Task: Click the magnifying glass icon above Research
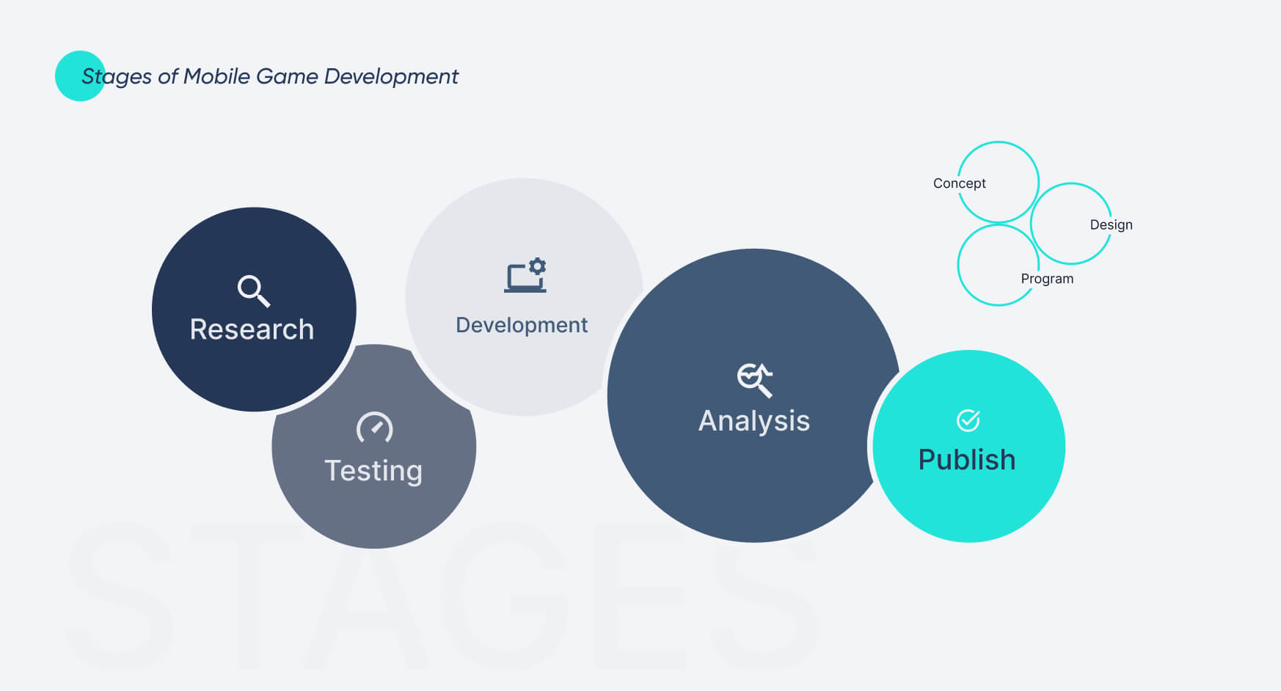coord(254,290)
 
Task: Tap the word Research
coord(252,329)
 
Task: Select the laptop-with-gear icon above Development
coord(525,276)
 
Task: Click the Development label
coord(522,325)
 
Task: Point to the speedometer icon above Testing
coord(374,428)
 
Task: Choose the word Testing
coord(373,470)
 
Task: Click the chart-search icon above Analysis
coord(755,379)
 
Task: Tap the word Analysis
coord(754,421)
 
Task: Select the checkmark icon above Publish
coord(968,420)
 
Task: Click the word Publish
coord(967,460)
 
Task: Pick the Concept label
coord(959,183)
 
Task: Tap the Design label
coord(1111,224)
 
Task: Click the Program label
coord(1047,279)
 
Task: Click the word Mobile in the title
coord(216,76)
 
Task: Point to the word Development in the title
coord(391,76)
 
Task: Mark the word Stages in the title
coord(117,77)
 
